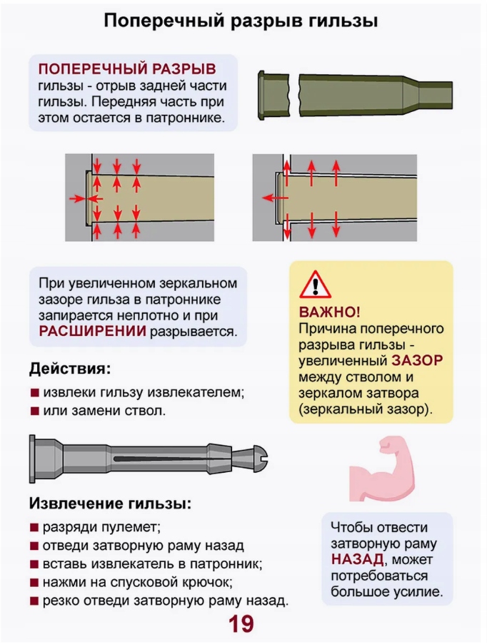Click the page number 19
coord(241,624)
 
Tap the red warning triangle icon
coord(311,285)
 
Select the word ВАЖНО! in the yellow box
coord(330,312)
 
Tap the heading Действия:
coord(70,369)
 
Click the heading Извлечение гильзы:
coord(110,503)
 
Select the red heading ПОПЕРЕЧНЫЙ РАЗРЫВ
coord(126,69)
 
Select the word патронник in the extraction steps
coord(221,563)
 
